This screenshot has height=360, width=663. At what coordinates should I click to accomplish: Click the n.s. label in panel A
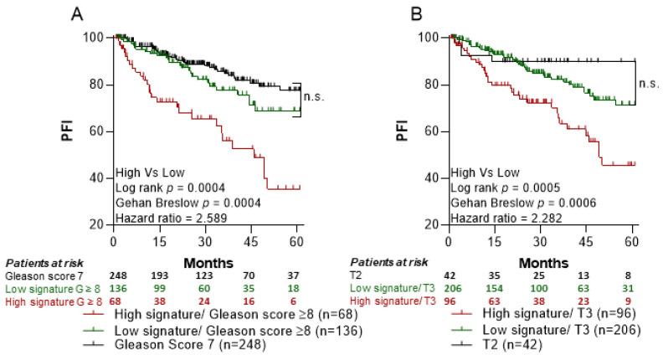(314, 96)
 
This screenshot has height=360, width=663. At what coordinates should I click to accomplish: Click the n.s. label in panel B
(649, 83)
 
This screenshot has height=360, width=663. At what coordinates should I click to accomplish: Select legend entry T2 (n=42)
(520, 344)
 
